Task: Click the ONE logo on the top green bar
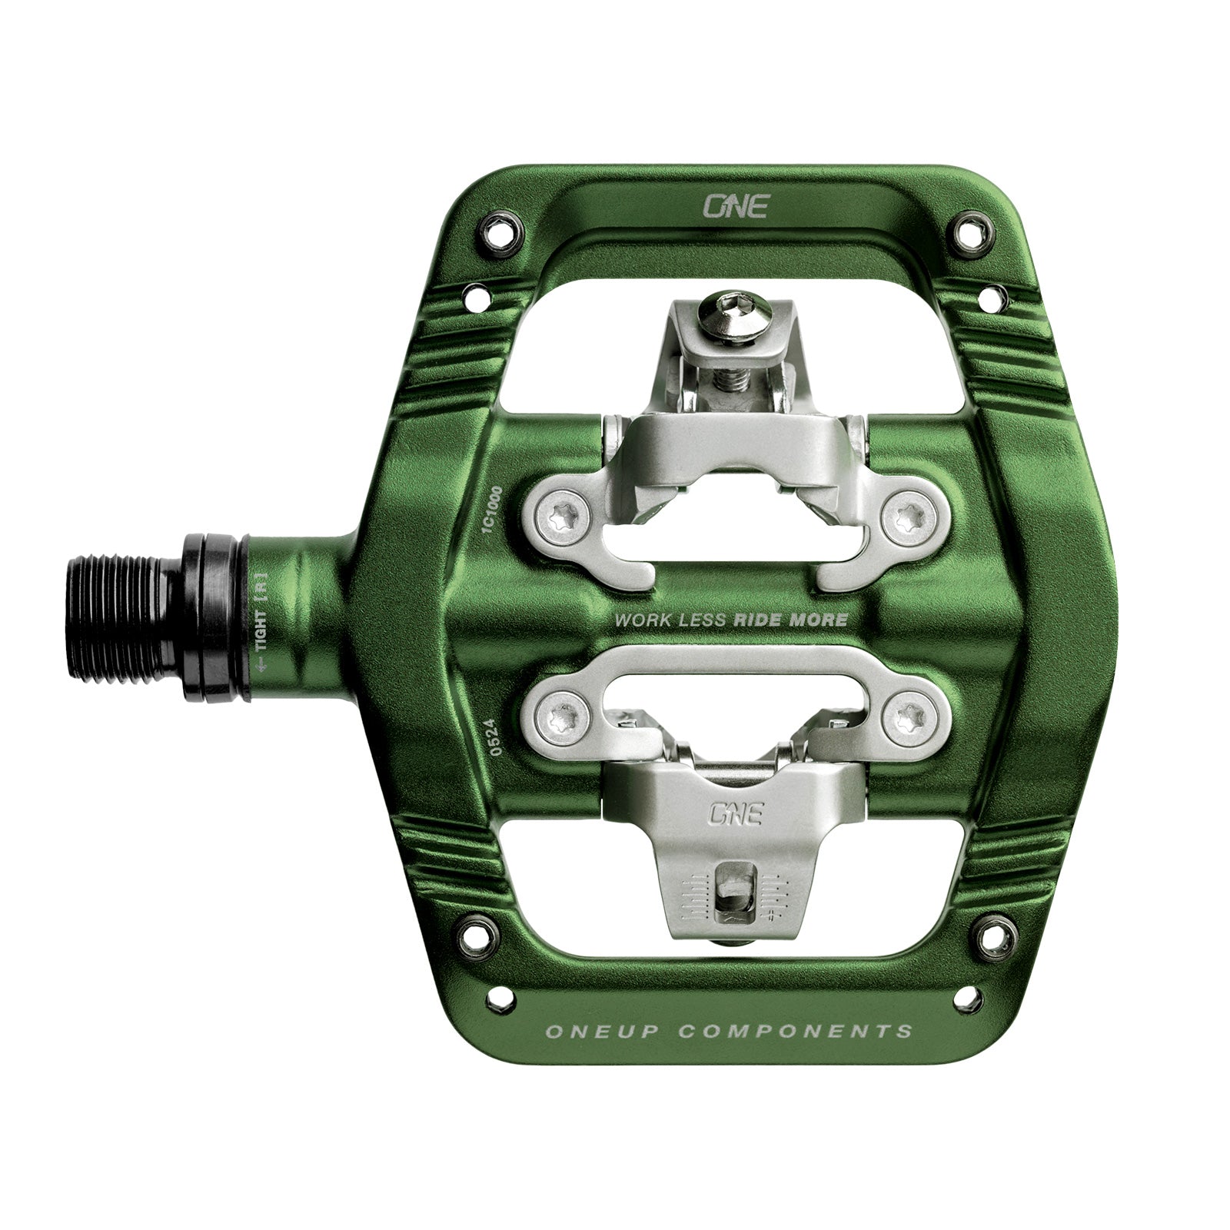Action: (736, 206)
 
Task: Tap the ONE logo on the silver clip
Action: (735, 813)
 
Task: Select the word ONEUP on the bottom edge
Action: (608, 1031)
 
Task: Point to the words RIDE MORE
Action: (791, 620)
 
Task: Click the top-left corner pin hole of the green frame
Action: (500, 229)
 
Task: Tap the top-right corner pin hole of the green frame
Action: (970, 228)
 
